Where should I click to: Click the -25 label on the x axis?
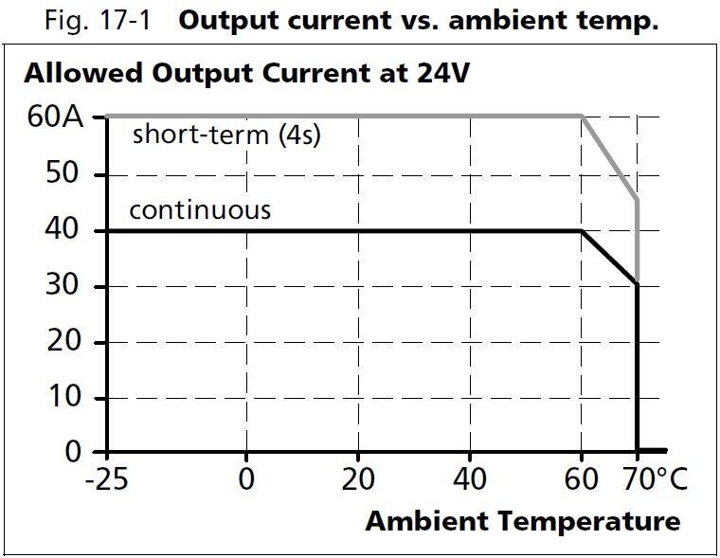106,480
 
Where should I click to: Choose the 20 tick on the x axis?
358,480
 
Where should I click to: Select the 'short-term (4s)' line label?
226,135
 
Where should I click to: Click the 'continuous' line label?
200,209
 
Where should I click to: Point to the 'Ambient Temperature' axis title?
522,521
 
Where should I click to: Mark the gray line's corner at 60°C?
581,117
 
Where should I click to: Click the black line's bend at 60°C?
581,230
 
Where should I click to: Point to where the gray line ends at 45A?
637,200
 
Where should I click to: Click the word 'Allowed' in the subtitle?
79,74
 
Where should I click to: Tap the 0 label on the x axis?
246,480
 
